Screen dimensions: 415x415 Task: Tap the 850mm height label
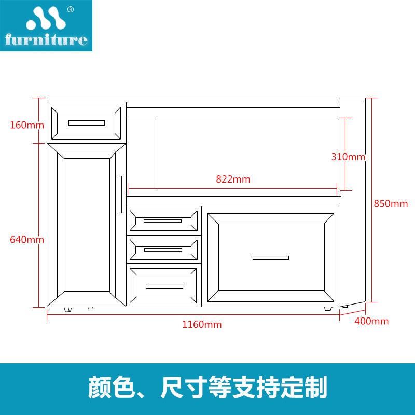click(x=391, y=203)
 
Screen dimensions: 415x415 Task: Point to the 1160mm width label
click(x=201, y=325)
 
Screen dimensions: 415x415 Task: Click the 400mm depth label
click(x=371, y=321)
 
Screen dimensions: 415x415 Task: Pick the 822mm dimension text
click(x=233, y=179)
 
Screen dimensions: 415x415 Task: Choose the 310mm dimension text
click(x=348, y=157)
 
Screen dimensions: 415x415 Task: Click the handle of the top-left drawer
click(x=86, y=123)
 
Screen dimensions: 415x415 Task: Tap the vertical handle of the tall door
click(x=120, y=193)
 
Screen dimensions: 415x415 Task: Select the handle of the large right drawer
click(x=270, y=258)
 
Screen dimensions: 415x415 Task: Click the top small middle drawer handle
click(x=162, y=221)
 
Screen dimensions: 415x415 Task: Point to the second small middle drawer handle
click(x=162, y=250)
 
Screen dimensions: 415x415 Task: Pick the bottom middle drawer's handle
click(x=164, y=286)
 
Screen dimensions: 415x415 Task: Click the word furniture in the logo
click(x=46, y=40)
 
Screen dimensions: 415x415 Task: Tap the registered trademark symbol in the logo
click(x=71, y=9)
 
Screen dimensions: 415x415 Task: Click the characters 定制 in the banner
click(x=306, y=388)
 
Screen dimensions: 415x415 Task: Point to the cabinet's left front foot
click(x=67, y=309)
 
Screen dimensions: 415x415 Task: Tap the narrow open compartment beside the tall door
click(x=142, y=153)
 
